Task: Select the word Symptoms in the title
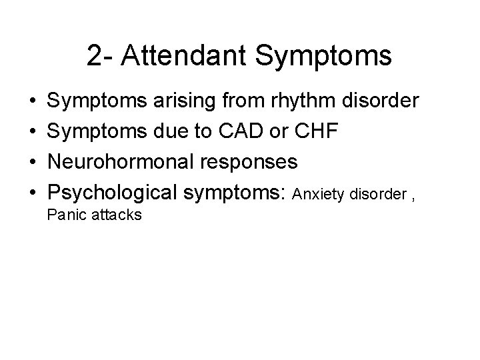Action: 325,57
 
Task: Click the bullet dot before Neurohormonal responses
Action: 32,164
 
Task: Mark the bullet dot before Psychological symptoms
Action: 32,195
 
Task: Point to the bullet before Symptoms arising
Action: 32,102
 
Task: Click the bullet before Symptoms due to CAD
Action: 32,133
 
